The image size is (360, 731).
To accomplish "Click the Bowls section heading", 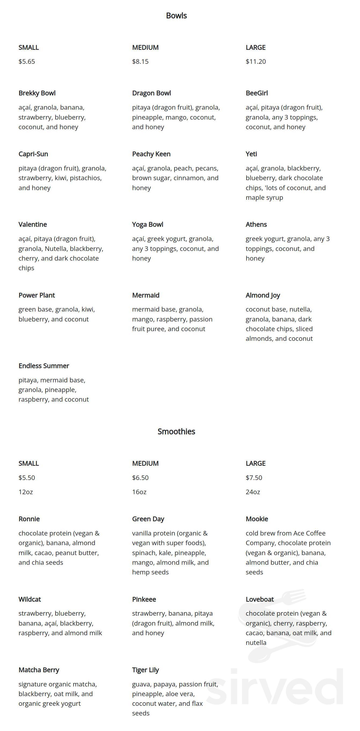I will (x=176, y=16).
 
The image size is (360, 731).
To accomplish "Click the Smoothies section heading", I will (x=176, y=431).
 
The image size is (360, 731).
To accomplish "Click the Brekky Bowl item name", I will (x=37, y=93).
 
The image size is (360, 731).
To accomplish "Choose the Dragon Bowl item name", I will (x=152, y=93).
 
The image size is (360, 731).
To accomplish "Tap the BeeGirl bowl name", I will (x=256, y=93).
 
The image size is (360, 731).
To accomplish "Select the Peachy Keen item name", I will (x=151, y=154).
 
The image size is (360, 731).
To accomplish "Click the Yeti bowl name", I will (x=251, y=154).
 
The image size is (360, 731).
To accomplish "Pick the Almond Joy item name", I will (x=263, y=295).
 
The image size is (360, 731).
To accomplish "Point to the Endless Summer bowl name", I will (x=44, y=366).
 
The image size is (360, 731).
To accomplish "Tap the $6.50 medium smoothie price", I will (x=140, y=477).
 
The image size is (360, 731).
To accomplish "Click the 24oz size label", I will (x=253, y=492).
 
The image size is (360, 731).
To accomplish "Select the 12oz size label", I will (x=25, y=492).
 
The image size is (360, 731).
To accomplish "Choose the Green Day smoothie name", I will (x=148, y=519).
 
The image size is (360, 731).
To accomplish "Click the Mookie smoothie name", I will (x=257, y=519).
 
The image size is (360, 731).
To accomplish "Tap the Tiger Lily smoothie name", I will (x=145, y=670).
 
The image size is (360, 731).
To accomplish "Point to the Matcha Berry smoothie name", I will (x=39, y=670).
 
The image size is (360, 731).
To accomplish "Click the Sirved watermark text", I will (x=275, y=687).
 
